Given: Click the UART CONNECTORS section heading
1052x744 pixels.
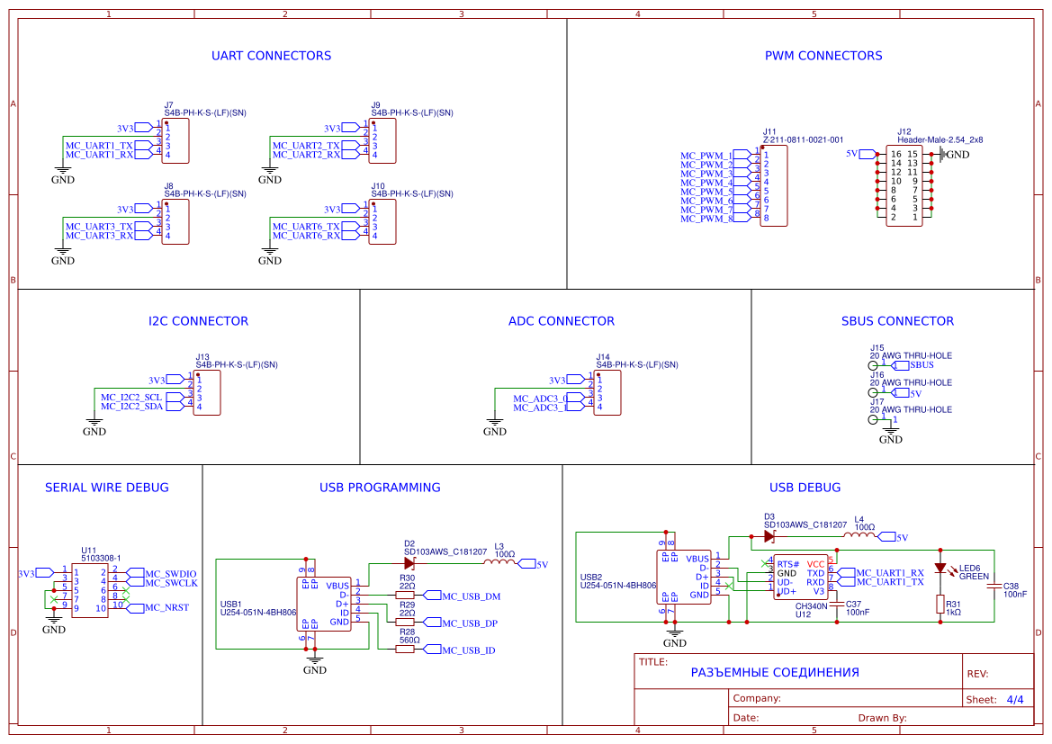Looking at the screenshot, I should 271,56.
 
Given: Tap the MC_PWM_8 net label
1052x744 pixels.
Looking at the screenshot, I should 706,219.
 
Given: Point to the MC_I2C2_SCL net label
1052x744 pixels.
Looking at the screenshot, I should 131,397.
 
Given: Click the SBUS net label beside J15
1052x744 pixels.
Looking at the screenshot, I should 922,365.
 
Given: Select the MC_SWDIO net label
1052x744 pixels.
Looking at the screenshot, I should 170,573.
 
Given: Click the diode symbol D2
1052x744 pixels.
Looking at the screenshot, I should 409,563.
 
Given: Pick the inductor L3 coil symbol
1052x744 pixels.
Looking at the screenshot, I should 499,563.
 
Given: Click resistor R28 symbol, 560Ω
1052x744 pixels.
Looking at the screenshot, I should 405,649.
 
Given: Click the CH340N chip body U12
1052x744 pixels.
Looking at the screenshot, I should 801,577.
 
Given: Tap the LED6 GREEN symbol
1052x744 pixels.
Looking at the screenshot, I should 940,569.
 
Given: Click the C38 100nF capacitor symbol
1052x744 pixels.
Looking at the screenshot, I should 994,587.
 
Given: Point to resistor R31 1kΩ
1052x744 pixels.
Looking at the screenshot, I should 940,605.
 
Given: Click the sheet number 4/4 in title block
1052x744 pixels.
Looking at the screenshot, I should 1014,699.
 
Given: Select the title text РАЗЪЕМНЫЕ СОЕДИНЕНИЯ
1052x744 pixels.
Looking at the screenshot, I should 774,672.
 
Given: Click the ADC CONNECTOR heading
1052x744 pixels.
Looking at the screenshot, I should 561,321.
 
